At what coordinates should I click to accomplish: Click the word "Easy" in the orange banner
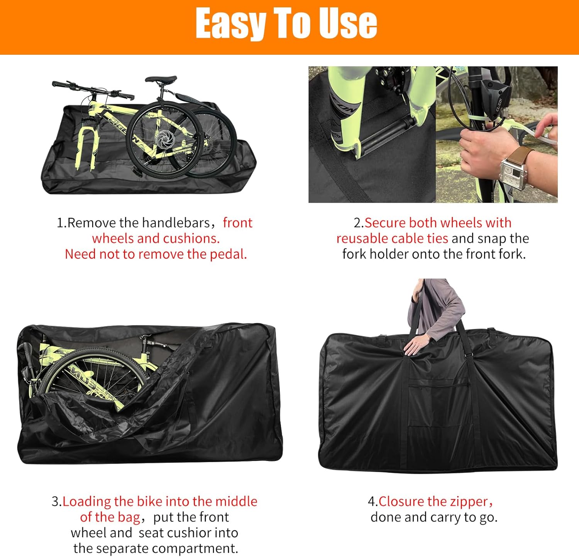(x=230, y=24)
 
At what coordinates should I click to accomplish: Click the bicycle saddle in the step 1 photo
(x=161, y=80)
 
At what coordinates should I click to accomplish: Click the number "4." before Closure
(x=372, y=501)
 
